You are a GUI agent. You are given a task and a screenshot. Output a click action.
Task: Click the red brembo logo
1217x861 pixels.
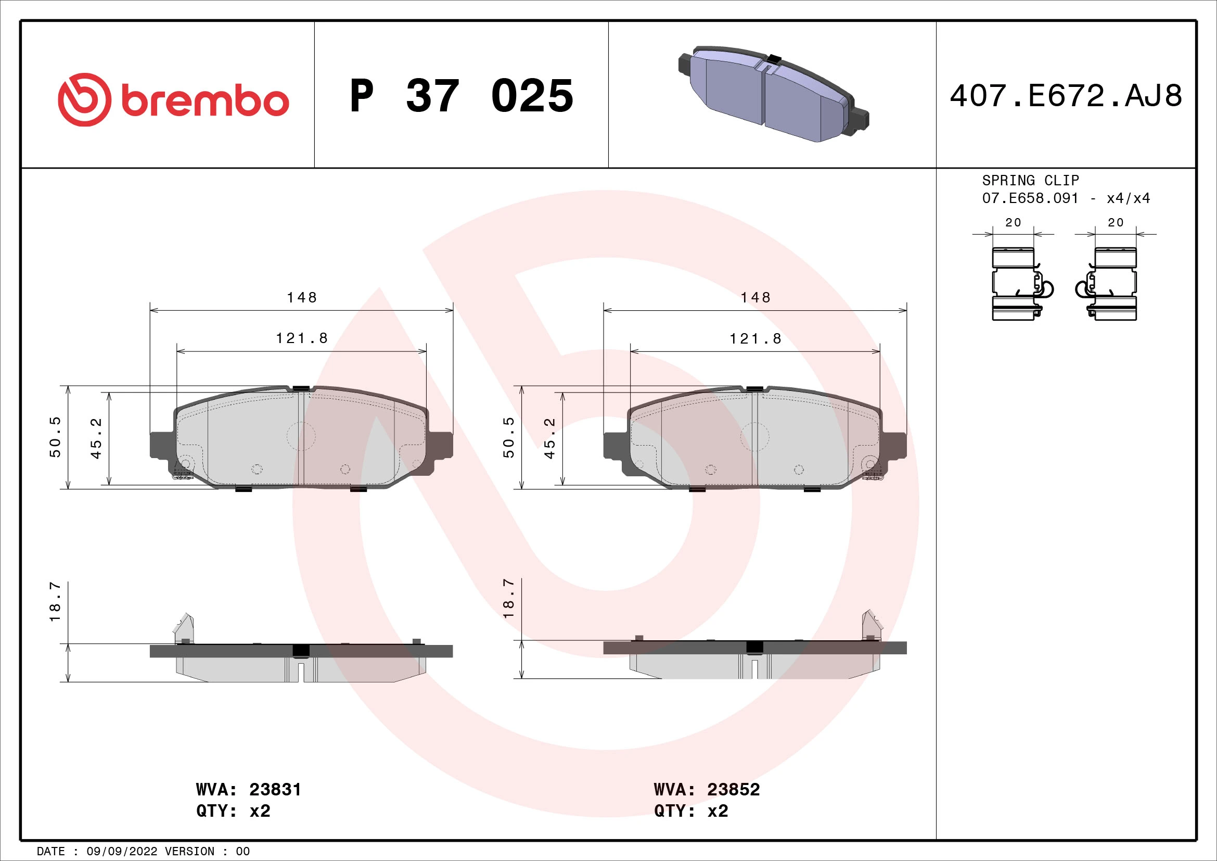[173, 99]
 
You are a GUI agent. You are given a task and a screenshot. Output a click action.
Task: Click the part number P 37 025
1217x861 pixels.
[461, 96]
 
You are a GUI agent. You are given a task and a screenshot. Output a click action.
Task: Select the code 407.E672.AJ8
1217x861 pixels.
[1066, 96]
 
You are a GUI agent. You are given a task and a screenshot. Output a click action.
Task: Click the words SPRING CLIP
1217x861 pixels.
[1030, 180]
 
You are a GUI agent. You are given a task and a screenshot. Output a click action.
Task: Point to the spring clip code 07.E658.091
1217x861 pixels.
[1030, 198]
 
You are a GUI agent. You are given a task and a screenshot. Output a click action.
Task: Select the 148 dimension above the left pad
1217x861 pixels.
[302, 297]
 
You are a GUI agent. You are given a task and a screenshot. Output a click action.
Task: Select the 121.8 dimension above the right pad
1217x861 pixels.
[755, 339]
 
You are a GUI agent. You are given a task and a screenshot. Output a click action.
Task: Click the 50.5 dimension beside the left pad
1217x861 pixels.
[55, 437]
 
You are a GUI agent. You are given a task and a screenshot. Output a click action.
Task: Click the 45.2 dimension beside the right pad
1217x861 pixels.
[549, 438]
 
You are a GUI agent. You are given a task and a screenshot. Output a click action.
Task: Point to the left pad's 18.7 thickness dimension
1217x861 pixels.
[55, 602]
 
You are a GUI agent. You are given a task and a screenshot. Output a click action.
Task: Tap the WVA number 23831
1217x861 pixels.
[275, 790]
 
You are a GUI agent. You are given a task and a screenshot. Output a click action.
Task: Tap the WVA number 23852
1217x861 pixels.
[733, 790]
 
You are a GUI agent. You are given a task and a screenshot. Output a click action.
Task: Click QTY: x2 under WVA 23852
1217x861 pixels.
[690, 811]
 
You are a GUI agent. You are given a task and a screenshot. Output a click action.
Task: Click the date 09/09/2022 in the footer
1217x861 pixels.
[122, 852]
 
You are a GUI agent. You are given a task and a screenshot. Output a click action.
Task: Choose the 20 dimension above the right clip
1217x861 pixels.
[1115, 223]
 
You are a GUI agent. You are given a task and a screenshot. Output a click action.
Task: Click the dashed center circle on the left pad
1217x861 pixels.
[301, 437]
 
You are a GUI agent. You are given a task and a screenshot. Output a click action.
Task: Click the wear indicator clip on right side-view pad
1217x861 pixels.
[871, 626]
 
